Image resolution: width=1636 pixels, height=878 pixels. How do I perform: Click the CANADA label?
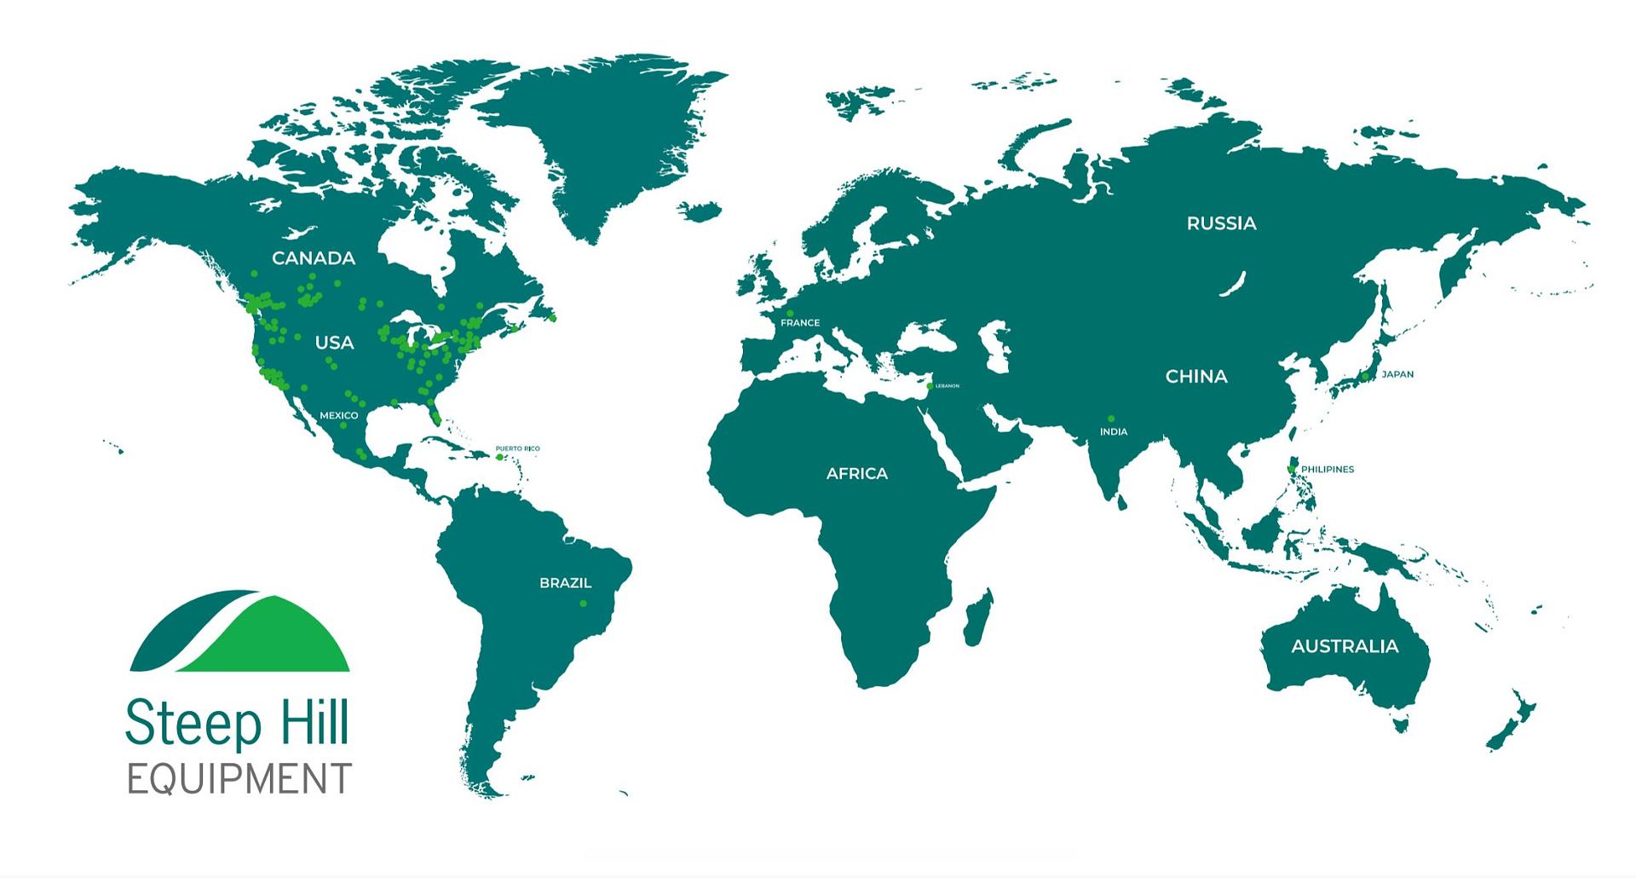click(313, 258)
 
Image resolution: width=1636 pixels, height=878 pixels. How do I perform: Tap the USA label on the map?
click(334, 343)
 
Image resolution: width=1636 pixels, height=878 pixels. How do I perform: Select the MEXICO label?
click(339, 416)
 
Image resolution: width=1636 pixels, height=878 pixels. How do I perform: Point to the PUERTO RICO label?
click(517, 448)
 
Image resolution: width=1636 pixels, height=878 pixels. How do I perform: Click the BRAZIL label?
click(565, 583)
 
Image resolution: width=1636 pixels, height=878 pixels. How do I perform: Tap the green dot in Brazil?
click(584, 604)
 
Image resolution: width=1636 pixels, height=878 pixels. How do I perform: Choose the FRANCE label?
click(800, 323)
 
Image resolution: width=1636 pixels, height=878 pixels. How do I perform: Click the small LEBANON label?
click(947, 386)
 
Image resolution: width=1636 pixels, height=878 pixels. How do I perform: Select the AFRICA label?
click(856, 474)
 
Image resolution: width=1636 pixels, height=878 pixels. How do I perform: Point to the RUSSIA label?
click(1221, 223)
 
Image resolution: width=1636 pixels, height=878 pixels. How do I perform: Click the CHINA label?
click(1195, 377)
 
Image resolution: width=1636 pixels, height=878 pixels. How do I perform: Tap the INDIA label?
click(1113, 432)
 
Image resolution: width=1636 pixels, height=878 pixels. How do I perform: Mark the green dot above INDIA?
click(1111, 419)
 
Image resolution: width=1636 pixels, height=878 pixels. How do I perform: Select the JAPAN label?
click(1397, 374)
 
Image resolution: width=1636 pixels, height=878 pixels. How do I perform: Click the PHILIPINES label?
click(1327, 470)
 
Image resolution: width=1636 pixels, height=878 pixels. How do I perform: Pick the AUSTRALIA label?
click(1345, 646)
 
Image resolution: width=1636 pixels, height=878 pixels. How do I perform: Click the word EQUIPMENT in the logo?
click(239, 779)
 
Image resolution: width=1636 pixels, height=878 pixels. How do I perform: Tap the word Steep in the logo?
click(193, 724)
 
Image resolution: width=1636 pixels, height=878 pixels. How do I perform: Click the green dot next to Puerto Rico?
click(500, 458)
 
